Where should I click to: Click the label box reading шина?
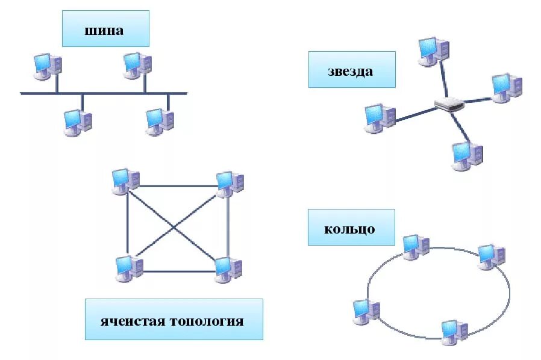click(x=105, y=28)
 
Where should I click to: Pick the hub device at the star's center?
click(x=449, y=105)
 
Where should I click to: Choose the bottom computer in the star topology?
click(x=467, y=155)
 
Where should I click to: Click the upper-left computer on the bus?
click(x=47, y=66)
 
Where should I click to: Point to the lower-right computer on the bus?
click(x=160, y=122)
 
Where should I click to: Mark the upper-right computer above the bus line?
click(x=137, y=65)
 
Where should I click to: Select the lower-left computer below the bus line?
click(x=78, y=122)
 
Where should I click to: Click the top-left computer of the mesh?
click(x=125, y=181)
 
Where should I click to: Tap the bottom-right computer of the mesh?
click(x=228, y=268)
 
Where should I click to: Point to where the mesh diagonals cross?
click(x=175, y=226)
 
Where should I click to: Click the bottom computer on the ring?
click(x=454, y=331)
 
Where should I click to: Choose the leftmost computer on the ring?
click(x=366, y=310)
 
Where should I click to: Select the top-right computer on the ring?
click(x=492, y=256)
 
